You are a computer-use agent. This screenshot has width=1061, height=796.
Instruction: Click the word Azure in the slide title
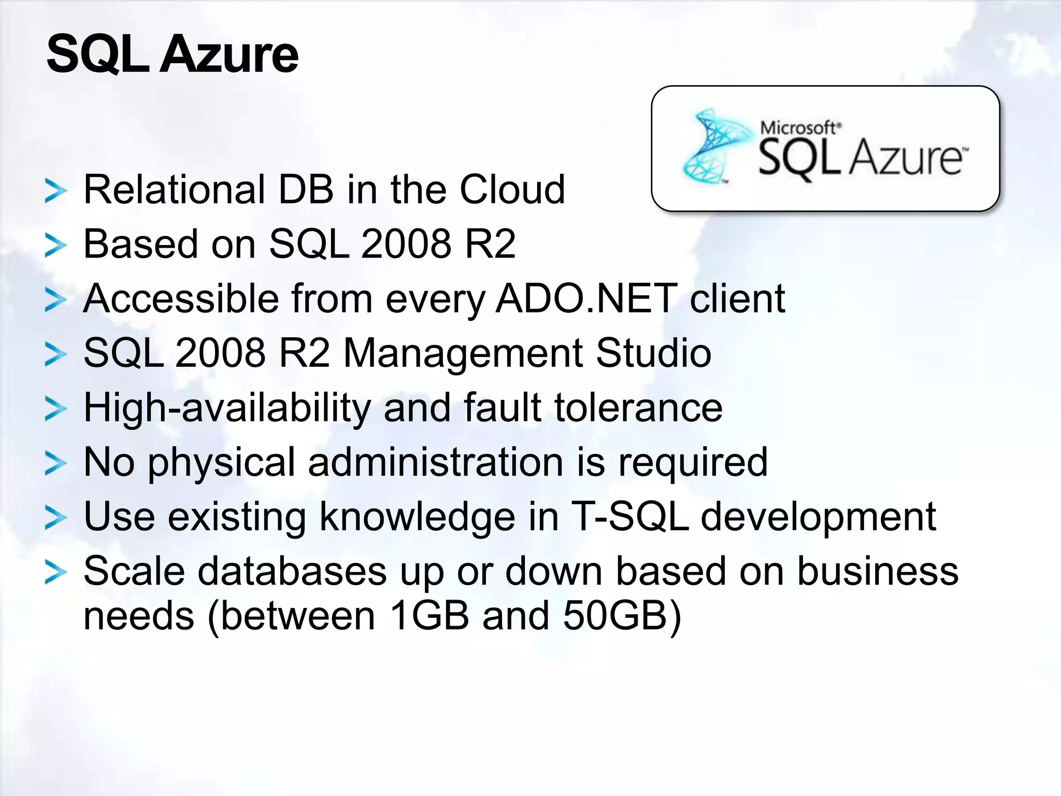(x=228, y=54)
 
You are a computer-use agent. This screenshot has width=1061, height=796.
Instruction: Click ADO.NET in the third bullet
(x=586, y=298)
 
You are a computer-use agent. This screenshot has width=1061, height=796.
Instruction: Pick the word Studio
(x=653, y=353)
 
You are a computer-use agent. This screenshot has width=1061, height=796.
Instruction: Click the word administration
(x=435, y=462)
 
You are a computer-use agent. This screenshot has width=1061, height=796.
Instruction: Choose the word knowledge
(x=417, y=517)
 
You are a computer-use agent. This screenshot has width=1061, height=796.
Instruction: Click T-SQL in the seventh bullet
(x=630, y=517)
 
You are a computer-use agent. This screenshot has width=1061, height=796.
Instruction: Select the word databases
(x=293, y=571)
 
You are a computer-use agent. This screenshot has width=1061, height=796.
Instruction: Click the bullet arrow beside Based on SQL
(x=55, y=245)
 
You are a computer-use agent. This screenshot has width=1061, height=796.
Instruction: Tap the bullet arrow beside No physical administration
(x=55, y=463)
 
